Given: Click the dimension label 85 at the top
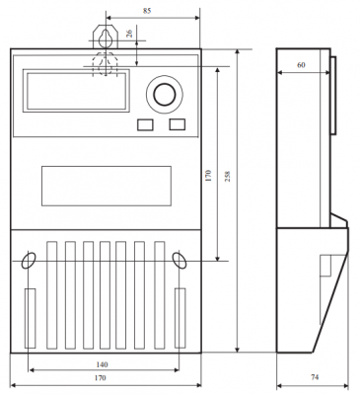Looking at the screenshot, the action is coord(147,11).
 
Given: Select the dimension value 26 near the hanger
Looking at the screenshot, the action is coord(129,34).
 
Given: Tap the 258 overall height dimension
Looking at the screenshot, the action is coord(228,176).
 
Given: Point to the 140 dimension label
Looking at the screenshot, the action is coord(102,364).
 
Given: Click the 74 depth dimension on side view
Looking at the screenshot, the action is coord(315,377).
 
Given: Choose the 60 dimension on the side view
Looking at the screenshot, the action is coord(301,65).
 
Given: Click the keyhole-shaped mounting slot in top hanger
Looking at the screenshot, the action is coord(106,38).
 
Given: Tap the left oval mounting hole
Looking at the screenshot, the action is coord(29,261).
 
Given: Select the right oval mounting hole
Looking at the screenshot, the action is coord(180,261).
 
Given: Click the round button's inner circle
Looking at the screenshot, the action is coord(164,95).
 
